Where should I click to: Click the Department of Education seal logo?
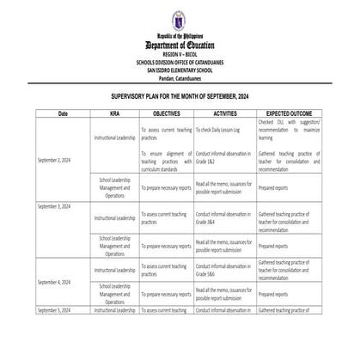point(180,16)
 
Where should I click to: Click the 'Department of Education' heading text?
point(180,45)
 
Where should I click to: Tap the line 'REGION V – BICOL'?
point(180,53)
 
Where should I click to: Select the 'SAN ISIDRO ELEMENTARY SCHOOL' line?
point(180,69)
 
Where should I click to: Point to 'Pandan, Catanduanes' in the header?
point(180,76)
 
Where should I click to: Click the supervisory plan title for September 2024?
point(180,98)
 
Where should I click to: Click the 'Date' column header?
point(63,113)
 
